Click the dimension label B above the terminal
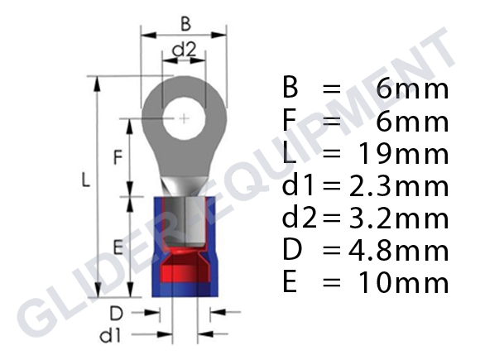tap(185, 25)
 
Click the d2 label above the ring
tap(184, 50)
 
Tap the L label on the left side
tap(86, 180)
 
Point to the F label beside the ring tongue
tap(117, 156)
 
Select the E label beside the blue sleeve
tap(118, 247)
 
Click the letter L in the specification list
tap(290, 154)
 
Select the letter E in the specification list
tap(291, 283)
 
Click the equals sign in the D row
tap(333, 251)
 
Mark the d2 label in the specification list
tap(301, 218)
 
